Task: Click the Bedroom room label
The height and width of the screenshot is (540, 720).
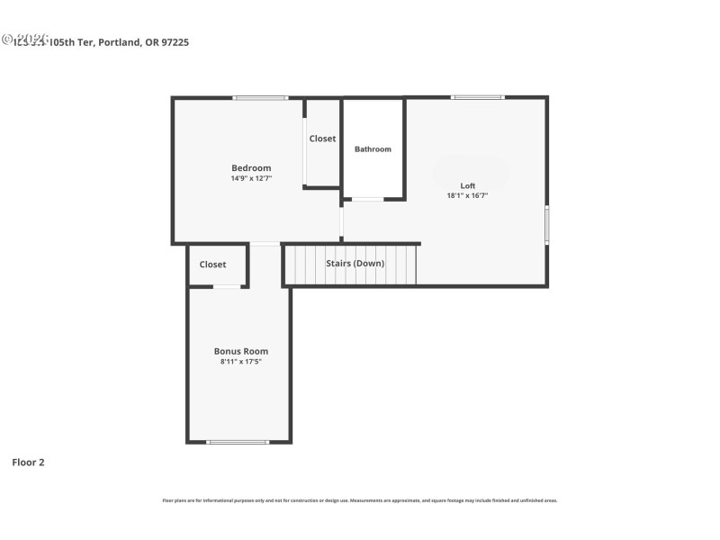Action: (x=251, y=168)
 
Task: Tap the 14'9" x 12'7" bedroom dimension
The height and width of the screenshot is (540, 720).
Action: (x=251, y=178)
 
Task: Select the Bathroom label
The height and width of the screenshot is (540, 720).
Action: (x=373, y=149)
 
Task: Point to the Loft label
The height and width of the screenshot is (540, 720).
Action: (x=467, y=185)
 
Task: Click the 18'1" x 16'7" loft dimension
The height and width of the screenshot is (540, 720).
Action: (x=467, y=195)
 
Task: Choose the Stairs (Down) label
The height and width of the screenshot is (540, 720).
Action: (x=355, y=264)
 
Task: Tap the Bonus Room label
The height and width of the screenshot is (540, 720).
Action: (x=240, y=351)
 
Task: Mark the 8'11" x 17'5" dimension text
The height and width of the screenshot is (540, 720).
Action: (x=240, y=362)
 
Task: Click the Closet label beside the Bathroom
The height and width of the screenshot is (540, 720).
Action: (x=322, y=139)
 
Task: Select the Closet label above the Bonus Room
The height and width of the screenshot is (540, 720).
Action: (x=212, y=265)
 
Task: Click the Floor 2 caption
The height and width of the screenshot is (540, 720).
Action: (x=28, y=463)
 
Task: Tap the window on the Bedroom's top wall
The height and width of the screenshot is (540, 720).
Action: (x=261, y=97)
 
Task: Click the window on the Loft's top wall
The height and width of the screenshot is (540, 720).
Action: (x=478, y=96)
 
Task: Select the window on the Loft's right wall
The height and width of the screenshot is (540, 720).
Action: (x=546, y=225)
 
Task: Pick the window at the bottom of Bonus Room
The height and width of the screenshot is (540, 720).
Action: (x=238, y=442)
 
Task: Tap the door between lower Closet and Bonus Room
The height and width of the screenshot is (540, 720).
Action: (x=227, y=287)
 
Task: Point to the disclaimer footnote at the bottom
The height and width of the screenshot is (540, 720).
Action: (x=359, y=500)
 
